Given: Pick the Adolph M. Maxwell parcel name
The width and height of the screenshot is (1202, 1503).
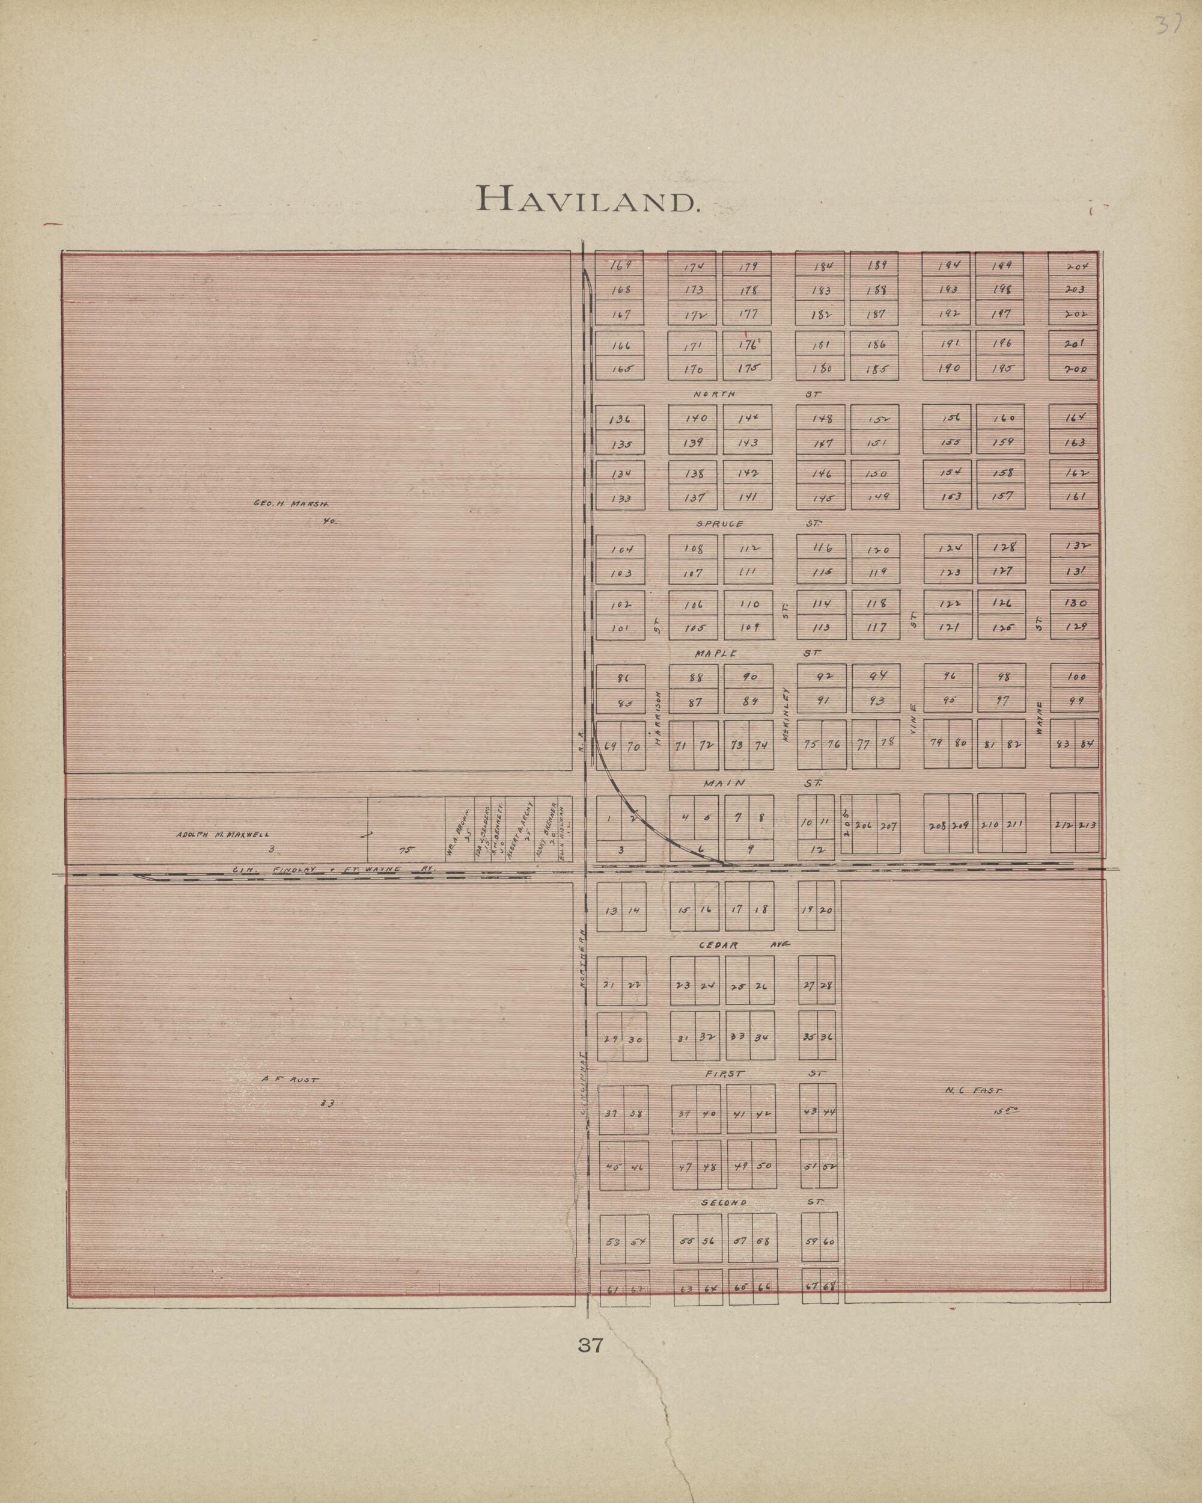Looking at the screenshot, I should pyautogui.click(x=221, y=834).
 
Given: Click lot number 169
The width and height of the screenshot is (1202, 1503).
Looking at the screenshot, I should pyautogui.click(x=620, y=265).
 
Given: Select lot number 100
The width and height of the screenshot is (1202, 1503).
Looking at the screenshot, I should pyautogui.click(x=1075, y=676).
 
